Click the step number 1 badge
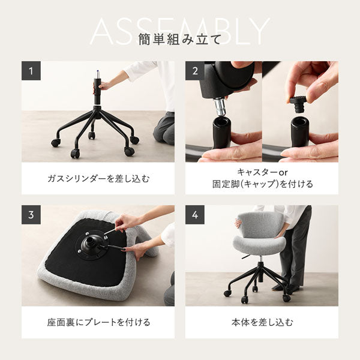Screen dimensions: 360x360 (31, 70)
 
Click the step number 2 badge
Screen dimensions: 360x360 (194, 70)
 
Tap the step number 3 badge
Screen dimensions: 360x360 (31, 215)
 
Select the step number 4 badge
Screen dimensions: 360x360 (194, 215)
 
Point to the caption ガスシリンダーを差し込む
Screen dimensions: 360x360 (98, 178)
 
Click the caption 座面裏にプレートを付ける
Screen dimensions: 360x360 (98, 322)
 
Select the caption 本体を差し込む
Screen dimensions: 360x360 (261, 322)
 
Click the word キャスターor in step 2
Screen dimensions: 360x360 (261, 172)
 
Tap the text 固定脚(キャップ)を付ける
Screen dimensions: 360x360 (261, 184)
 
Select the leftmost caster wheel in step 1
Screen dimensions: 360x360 (55, 143)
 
